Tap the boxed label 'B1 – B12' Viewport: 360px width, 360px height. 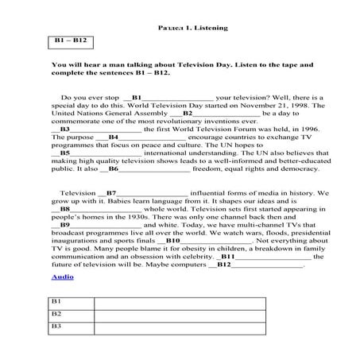[x=71, y=40]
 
